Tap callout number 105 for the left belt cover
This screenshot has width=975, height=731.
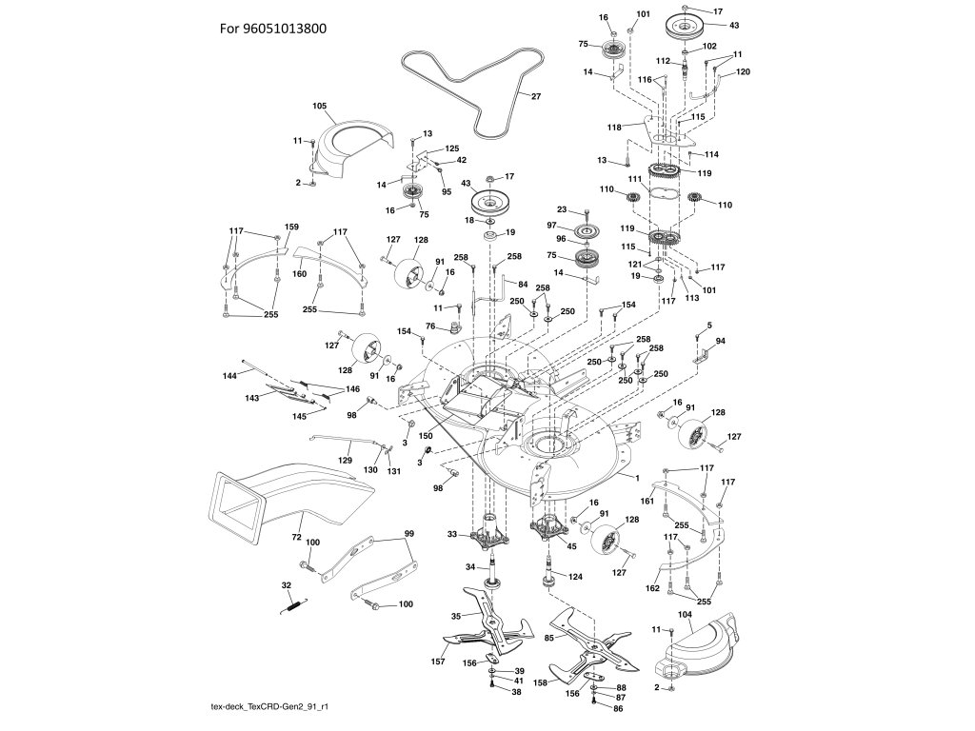(320, 106)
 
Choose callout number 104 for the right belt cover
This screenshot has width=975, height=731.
(683, 616)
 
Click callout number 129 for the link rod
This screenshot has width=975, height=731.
(347, 460)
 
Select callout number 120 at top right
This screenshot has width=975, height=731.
(744, 72)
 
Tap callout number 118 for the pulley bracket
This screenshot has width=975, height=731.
(613, 127)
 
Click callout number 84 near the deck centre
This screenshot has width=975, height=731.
(522, 284)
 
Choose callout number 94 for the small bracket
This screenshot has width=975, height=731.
(721, 340)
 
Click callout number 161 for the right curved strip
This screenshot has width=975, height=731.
(646, 500)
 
